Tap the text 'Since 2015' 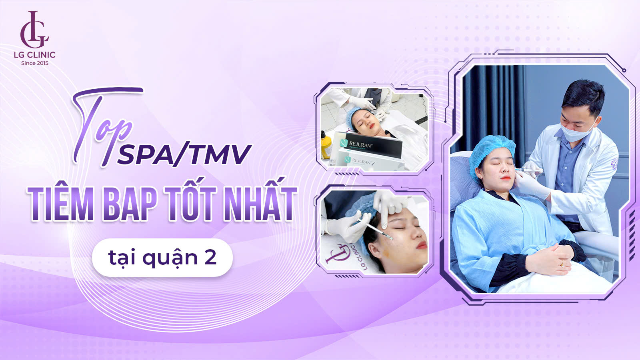(35, 63)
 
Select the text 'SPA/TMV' (184, 155)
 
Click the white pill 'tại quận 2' (162, 258)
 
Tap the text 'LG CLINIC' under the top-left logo (35, 55)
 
